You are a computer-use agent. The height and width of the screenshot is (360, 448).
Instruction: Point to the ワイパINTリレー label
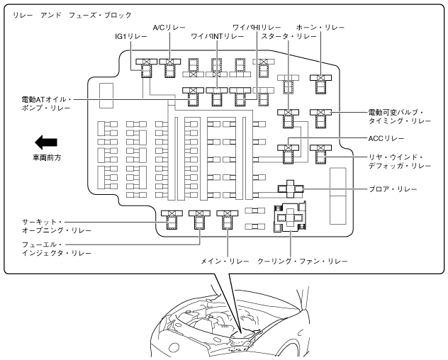pos(217,35)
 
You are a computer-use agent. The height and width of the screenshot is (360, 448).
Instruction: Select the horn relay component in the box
pos(321,82)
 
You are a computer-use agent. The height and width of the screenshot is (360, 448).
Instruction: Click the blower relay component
pos(291,189)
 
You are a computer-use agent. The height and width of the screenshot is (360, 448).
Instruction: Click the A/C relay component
pos(171,68)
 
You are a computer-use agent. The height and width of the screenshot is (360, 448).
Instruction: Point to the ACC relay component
pos(289,152)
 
